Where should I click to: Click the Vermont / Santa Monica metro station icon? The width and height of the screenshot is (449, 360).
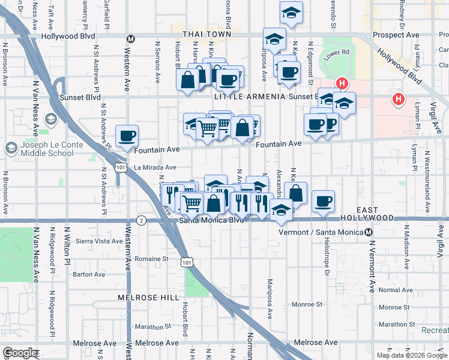point(369,232)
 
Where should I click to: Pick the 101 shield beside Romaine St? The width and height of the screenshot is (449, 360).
point(187,262)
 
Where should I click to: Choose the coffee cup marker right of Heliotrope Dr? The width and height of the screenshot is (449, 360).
point(324,201)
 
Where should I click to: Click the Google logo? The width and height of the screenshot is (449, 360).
point(20,353)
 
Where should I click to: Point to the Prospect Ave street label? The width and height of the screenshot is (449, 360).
point(396,35)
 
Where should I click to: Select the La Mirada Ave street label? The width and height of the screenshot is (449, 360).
point(155,168)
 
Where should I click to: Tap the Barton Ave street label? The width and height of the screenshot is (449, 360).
point(89,274)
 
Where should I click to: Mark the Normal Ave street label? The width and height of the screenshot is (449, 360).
point(396,290)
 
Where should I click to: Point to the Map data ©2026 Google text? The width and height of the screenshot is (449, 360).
point(412,355)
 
